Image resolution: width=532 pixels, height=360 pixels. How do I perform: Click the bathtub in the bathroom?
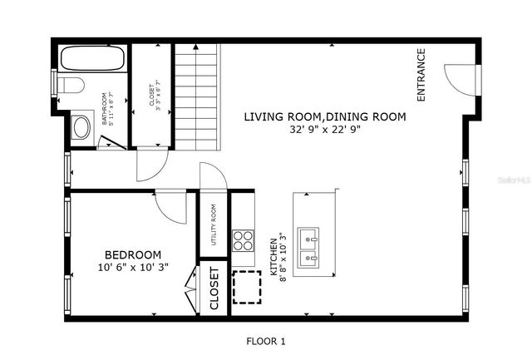pyautogui.click(x=92, y=60)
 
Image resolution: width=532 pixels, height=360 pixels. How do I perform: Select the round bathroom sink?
pyautogui.click(x=81, y=127)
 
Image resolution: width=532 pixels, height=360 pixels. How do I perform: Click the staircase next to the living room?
pyautogui.click(x=197, y=96)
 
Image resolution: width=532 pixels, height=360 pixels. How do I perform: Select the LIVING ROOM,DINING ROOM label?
pyautogui.click(x=324, y=117)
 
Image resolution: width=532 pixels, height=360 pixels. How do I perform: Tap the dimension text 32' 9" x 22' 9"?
pyautogui.click(x=324, y=131)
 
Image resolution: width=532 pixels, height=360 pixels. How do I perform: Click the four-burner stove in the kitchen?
pyautogui.click(x=242, y=240)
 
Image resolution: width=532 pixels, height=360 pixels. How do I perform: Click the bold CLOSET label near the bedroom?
pyautogui.click(x=214, y=288)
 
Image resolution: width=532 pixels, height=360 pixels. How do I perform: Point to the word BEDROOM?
pyautogui.click(x=132, y=254)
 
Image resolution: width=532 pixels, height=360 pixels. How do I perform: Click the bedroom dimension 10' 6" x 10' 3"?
pyautogui.click(x=132, y=268)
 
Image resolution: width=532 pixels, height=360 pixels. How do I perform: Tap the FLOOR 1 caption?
pyautogui.click(x=265, y=341)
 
